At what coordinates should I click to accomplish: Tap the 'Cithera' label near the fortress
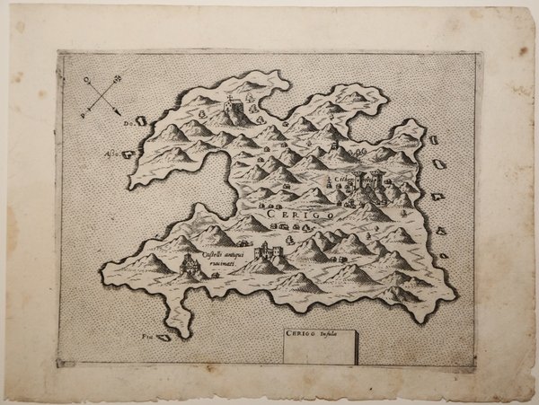(x=345, y=180)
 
